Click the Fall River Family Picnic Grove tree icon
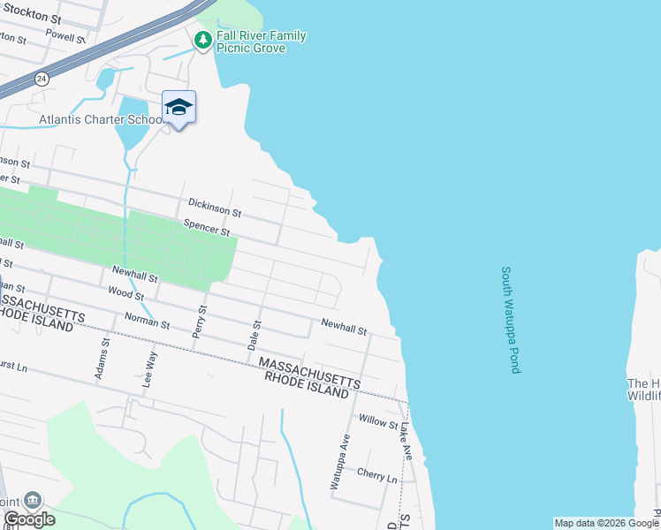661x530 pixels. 203,40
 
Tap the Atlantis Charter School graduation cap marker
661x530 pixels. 179,107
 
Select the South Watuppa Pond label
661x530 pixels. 510,320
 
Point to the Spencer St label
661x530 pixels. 206,228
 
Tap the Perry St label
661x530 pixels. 200,322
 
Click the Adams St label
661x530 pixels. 101,359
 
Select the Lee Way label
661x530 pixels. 150,364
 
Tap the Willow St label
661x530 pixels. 378,420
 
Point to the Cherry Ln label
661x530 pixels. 377,474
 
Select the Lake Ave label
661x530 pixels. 406,439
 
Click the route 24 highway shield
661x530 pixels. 41,79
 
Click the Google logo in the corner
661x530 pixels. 29,519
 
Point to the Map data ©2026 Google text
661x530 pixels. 605,523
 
